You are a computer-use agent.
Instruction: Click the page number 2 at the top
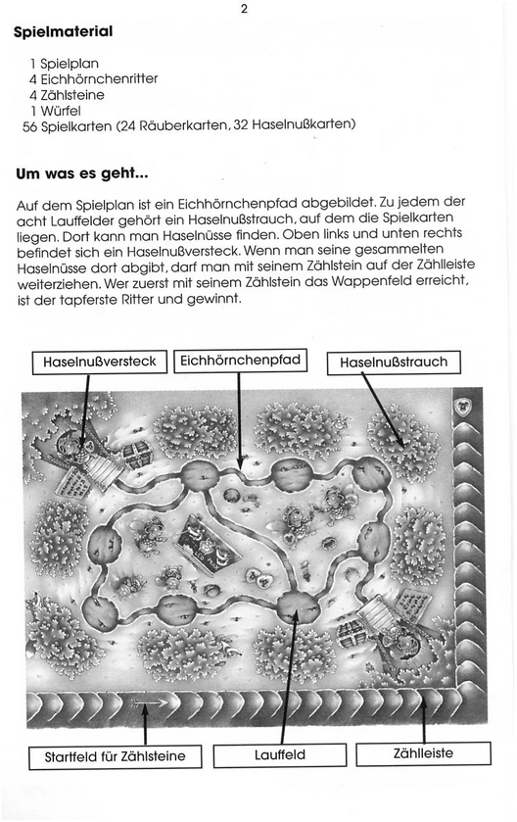(x=244, y=10)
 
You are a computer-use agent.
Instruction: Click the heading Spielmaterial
(x=63, y=31)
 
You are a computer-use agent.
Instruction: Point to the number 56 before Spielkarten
(x=29, y=124)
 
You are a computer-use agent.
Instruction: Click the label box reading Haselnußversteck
(x=99, y=362)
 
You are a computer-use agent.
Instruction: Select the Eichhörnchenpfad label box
(x=240, y=361)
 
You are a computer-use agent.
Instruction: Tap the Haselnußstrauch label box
(x=394, y=363)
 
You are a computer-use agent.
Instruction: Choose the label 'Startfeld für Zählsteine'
(x=115, y=756)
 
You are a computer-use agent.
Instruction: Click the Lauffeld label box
(x=279, y=755)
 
